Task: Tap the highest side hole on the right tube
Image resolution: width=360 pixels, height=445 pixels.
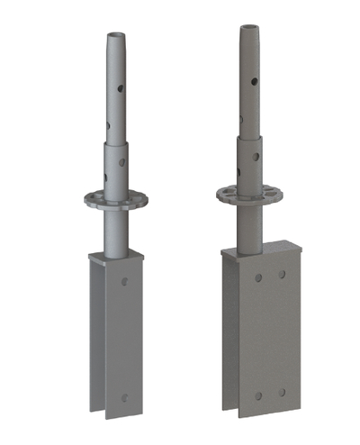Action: click(x=256, y=82)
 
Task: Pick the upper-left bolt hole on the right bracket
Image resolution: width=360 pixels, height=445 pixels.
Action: click(x=257, y=277)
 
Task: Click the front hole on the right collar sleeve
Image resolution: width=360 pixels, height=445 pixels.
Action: click(x=256, y=157)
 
